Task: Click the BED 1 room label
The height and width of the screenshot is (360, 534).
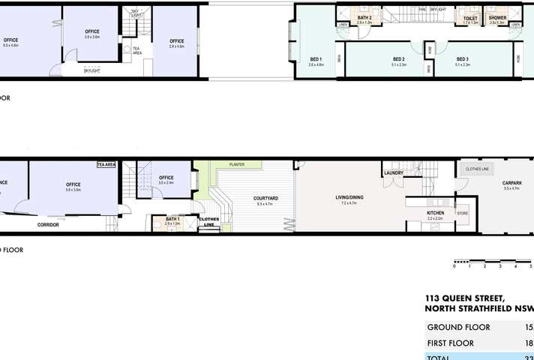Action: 315,59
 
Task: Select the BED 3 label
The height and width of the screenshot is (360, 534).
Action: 462,59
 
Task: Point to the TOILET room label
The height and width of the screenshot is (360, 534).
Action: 470,18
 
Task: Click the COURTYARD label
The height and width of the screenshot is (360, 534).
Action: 267,198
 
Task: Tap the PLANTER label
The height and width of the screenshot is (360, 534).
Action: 237,164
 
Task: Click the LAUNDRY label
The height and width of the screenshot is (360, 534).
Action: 394,173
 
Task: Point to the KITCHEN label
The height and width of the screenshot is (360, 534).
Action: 436,213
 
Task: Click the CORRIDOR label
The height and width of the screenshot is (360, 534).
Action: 49,225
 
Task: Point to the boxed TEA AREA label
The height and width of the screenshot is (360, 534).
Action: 106,164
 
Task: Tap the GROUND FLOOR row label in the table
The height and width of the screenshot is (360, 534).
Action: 458,328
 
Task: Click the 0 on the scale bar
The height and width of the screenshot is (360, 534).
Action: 454,266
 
